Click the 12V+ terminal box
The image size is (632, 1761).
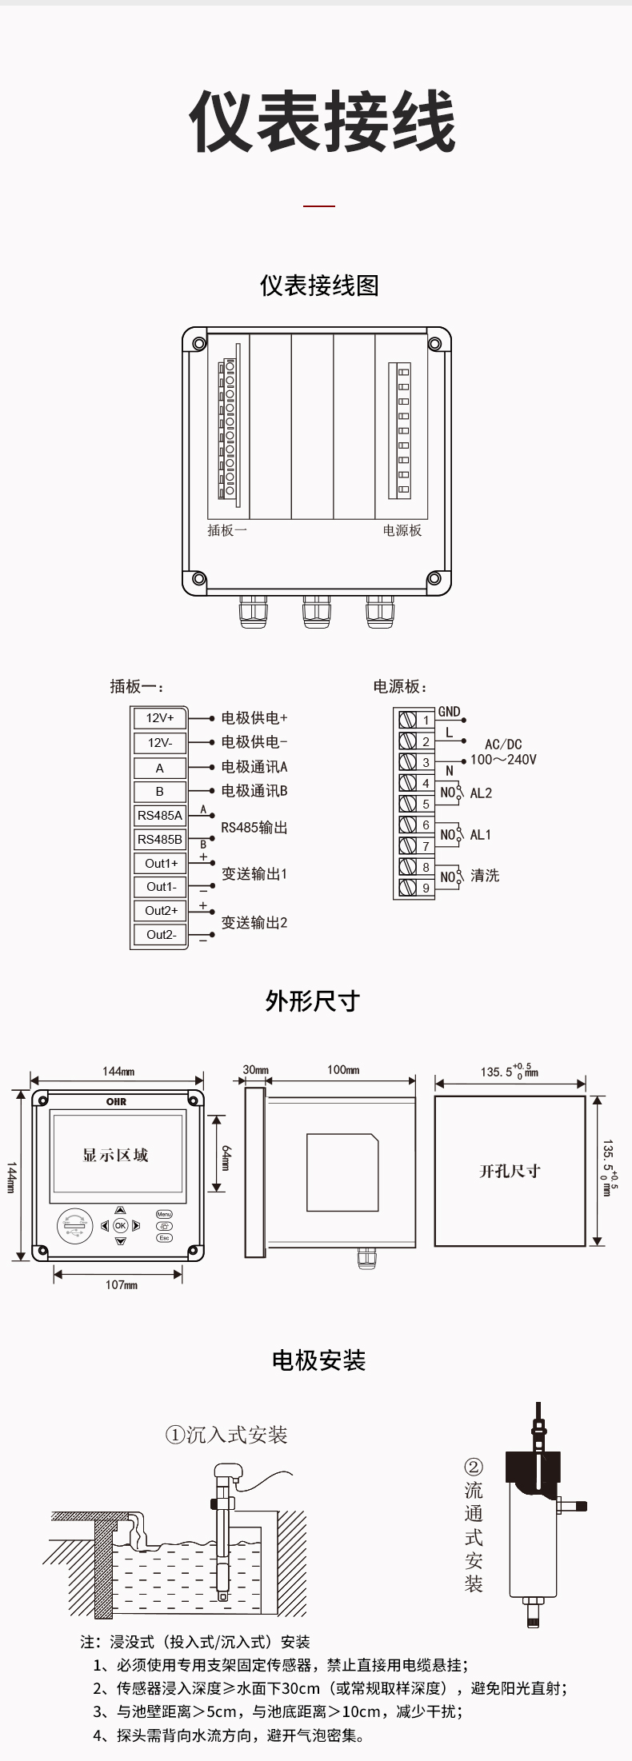159,718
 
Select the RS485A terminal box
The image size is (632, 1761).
159,816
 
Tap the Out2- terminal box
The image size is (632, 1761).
161,934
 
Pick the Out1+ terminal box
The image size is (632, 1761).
161,864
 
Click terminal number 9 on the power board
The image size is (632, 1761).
426,888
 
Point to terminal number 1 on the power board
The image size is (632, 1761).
426,721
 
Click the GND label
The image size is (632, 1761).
449,712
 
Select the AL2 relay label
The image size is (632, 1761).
481,793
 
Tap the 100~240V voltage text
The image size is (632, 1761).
503,760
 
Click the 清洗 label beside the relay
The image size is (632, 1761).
485,876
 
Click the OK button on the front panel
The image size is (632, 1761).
121,1225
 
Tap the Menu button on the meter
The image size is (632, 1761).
164,1214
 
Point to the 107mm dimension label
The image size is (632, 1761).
122,1284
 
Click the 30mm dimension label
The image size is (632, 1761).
255,1069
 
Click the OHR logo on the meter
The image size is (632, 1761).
117,1102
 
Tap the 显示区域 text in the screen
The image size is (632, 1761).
116,1155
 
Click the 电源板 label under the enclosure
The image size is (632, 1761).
402,530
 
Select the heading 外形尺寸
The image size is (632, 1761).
313,1001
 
